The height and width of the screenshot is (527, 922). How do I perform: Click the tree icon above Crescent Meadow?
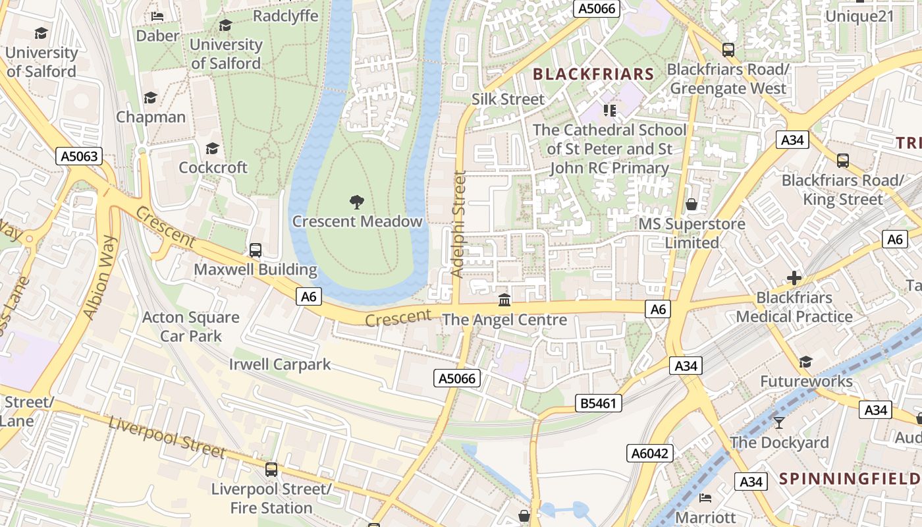point(356,202)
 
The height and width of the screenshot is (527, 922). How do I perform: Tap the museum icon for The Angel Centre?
point(504,300)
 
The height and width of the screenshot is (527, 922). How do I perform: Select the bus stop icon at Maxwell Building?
point(256,250)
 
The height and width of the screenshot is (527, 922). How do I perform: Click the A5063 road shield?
point(79,156)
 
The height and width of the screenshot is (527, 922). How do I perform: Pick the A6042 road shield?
point(649,453)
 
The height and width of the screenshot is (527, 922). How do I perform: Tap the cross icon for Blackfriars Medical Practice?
point(794,278)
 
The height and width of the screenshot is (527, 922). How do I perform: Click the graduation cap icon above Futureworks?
point(805,362)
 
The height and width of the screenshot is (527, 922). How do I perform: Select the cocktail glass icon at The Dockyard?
point(779,422)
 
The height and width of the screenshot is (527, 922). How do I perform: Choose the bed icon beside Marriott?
point(705,497)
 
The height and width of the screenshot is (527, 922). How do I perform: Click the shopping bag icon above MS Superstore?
point(691,204)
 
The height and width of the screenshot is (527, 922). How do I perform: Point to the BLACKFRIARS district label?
point(593,74)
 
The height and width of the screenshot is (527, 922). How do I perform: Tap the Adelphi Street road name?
point(459,224)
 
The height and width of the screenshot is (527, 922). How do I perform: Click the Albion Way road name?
point(100,277)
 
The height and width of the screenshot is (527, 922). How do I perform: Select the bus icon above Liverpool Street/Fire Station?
point(271,470)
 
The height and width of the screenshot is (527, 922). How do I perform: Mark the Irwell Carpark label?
point(280,364)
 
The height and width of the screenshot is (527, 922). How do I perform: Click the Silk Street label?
point(508,99)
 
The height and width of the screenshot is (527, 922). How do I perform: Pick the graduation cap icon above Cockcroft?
point(212,148)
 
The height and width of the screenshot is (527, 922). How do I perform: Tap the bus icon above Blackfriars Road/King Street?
point(842,160)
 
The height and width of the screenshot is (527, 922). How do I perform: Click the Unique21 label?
point(859,16)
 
